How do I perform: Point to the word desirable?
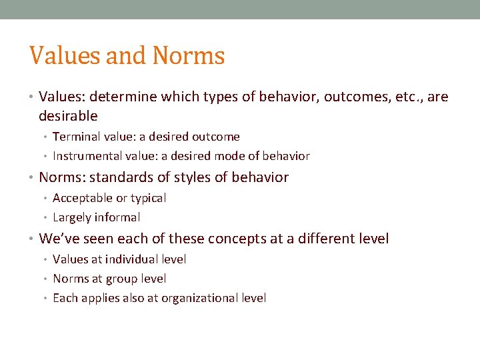tap(68, 116)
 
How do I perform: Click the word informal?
tap(117, 217)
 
